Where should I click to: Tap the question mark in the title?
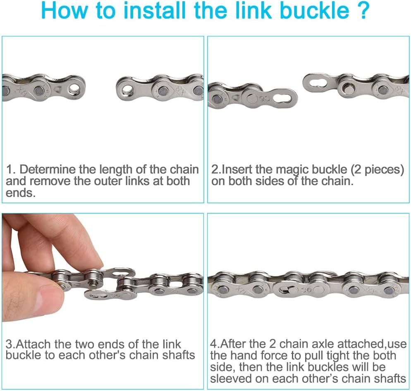[x=363, y=10]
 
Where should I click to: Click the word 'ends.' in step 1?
[x=20, y=193]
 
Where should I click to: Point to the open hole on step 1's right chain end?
[x=127, y=89]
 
